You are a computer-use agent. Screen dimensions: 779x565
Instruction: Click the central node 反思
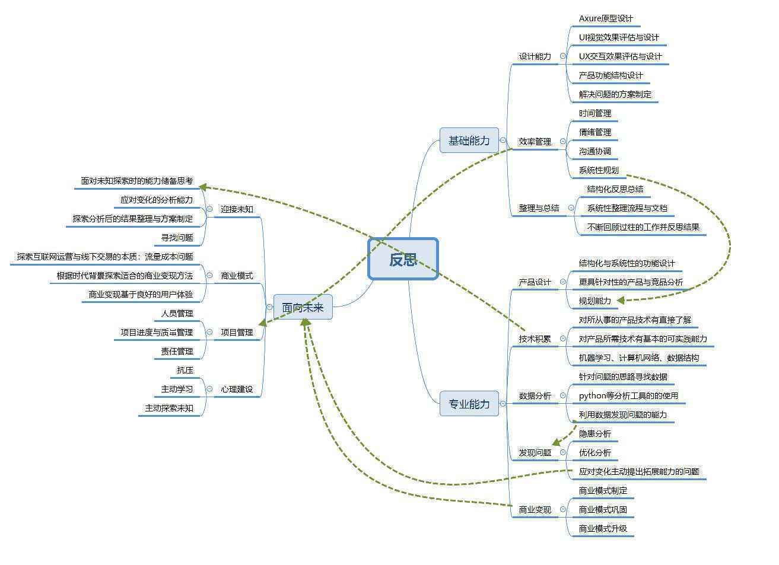tap(403, 259)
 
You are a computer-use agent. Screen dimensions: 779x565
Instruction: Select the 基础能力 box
tap(469, 141)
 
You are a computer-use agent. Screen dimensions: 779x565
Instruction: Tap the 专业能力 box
tap(469, 404)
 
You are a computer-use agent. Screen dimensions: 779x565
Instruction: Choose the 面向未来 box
tap(303, 307)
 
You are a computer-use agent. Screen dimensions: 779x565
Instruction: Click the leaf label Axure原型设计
tap(606, 18)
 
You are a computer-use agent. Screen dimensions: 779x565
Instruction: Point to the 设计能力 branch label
tap(535, 56)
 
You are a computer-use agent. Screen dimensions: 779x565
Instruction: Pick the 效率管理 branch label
tap(535, 142)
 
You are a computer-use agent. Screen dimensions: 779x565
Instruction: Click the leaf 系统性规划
tap(599, 170)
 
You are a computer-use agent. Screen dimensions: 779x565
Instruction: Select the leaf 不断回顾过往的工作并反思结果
tap(643, 227)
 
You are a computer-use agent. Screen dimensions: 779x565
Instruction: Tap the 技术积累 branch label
tap(535, 339)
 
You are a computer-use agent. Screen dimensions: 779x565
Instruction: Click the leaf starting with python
tap(628, 395)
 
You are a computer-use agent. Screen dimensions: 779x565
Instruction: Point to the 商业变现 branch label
tap(535, 509)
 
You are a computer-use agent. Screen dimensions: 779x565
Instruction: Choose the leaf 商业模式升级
tap(603, 528)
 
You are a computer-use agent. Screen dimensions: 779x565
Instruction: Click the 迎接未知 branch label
tap(237, 209)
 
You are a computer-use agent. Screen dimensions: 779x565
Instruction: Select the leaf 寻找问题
tap(177, 238)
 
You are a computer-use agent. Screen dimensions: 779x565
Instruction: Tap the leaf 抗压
tap(185, 370)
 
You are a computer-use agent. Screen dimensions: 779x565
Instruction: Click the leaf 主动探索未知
tap(169, 408)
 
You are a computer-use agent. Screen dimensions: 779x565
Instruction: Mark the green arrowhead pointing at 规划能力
tap(621, 300)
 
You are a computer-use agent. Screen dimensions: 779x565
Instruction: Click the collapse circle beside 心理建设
tap(209, 389)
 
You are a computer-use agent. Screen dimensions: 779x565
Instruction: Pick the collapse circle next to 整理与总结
tap(571, 208)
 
